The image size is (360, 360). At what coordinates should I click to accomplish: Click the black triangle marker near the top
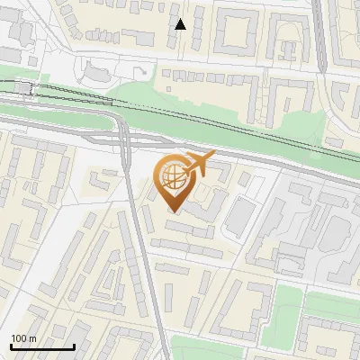181,24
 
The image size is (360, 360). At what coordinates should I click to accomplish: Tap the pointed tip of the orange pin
175,212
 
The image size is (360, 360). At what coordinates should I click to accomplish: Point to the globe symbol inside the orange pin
174,179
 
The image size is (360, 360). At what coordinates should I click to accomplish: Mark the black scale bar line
42,346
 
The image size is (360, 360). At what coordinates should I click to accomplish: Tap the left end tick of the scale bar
11,345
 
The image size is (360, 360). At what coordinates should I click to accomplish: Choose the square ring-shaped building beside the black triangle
236,32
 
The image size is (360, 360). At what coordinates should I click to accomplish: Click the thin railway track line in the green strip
225,121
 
